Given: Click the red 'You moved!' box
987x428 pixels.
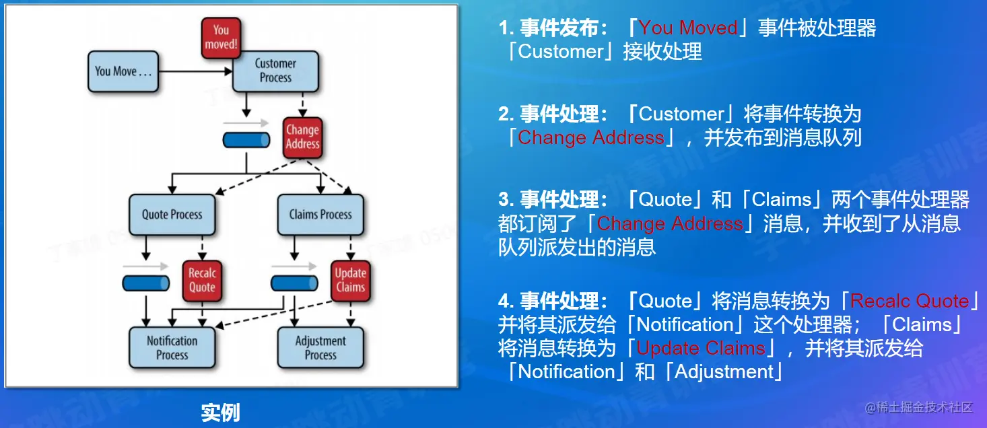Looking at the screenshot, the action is pos(222,38).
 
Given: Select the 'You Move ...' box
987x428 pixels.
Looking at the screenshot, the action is pos(123,71).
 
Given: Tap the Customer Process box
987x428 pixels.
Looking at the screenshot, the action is pos(275,71).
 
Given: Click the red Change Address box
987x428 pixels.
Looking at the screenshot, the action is pos(303,137).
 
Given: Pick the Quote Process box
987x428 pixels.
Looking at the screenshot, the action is pos(172,215).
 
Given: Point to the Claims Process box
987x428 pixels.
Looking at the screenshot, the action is pos(320,215).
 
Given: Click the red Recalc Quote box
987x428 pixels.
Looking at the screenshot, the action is pos(202,281).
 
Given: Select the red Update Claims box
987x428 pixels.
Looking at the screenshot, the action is pos(351,281).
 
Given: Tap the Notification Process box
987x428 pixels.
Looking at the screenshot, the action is pos(172,347).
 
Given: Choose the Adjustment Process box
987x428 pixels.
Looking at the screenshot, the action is pos(320,347).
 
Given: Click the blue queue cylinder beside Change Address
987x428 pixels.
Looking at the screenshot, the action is pos(246,140).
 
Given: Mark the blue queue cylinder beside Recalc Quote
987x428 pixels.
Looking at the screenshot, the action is pos(146,283).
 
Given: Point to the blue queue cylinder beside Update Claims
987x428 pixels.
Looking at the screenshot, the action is pos(294,283).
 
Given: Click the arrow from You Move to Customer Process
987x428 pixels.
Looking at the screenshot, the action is pos(195,71).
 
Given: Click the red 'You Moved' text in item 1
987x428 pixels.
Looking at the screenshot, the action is pos(688,28).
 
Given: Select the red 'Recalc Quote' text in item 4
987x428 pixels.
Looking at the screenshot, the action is pos(910,301).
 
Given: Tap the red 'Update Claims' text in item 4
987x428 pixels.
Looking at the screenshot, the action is pos(701,349).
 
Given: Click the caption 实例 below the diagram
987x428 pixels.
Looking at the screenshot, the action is pos(221,413).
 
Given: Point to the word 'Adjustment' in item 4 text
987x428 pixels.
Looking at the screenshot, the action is pos(724,372).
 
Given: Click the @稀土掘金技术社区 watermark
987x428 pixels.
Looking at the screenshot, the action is pos(919,407).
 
